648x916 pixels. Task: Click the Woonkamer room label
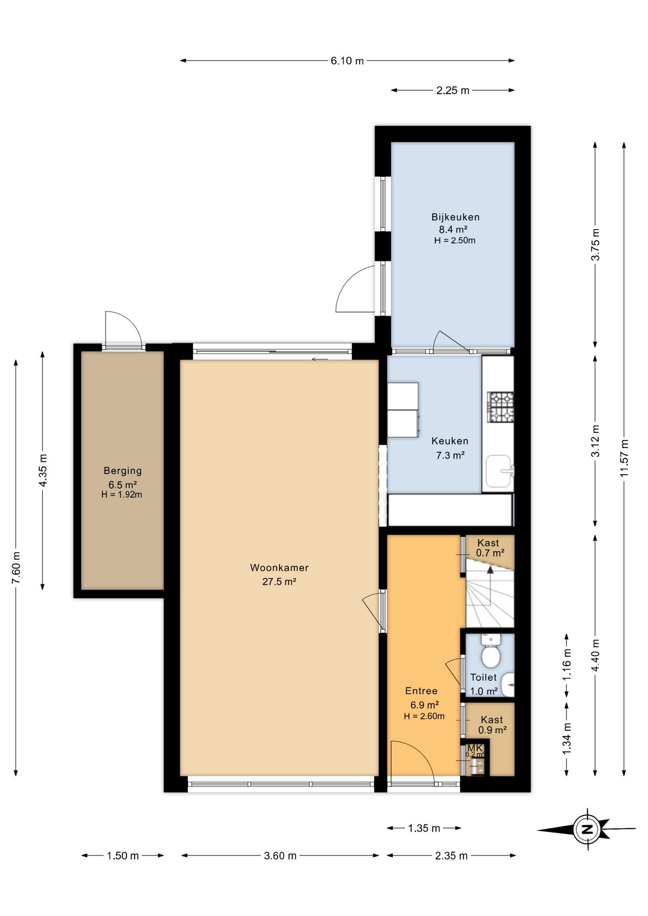tap(279, 568)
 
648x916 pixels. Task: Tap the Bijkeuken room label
tap(455, 217)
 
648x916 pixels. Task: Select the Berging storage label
tap(123, 471)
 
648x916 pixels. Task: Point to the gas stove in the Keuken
tap(500, 407)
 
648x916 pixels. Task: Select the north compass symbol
tap(587, 829)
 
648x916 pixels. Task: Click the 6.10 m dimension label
tap(347, 61)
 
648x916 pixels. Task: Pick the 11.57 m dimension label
tap(624, 458)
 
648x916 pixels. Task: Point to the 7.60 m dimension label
tap(16, 567)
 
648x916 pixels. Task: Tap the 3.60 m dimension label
tap(280, 856)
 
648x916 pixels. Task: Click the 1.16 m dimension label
tap(566, 665)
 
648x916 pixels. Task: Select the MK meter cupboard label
tap(475, 748)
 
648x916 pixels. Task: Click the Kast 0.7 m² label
tap(490, 548)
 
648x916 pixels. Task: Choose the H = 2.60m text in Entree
tap(424, 716)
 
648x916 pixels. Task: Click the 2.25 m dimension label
tap(453, 90)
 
